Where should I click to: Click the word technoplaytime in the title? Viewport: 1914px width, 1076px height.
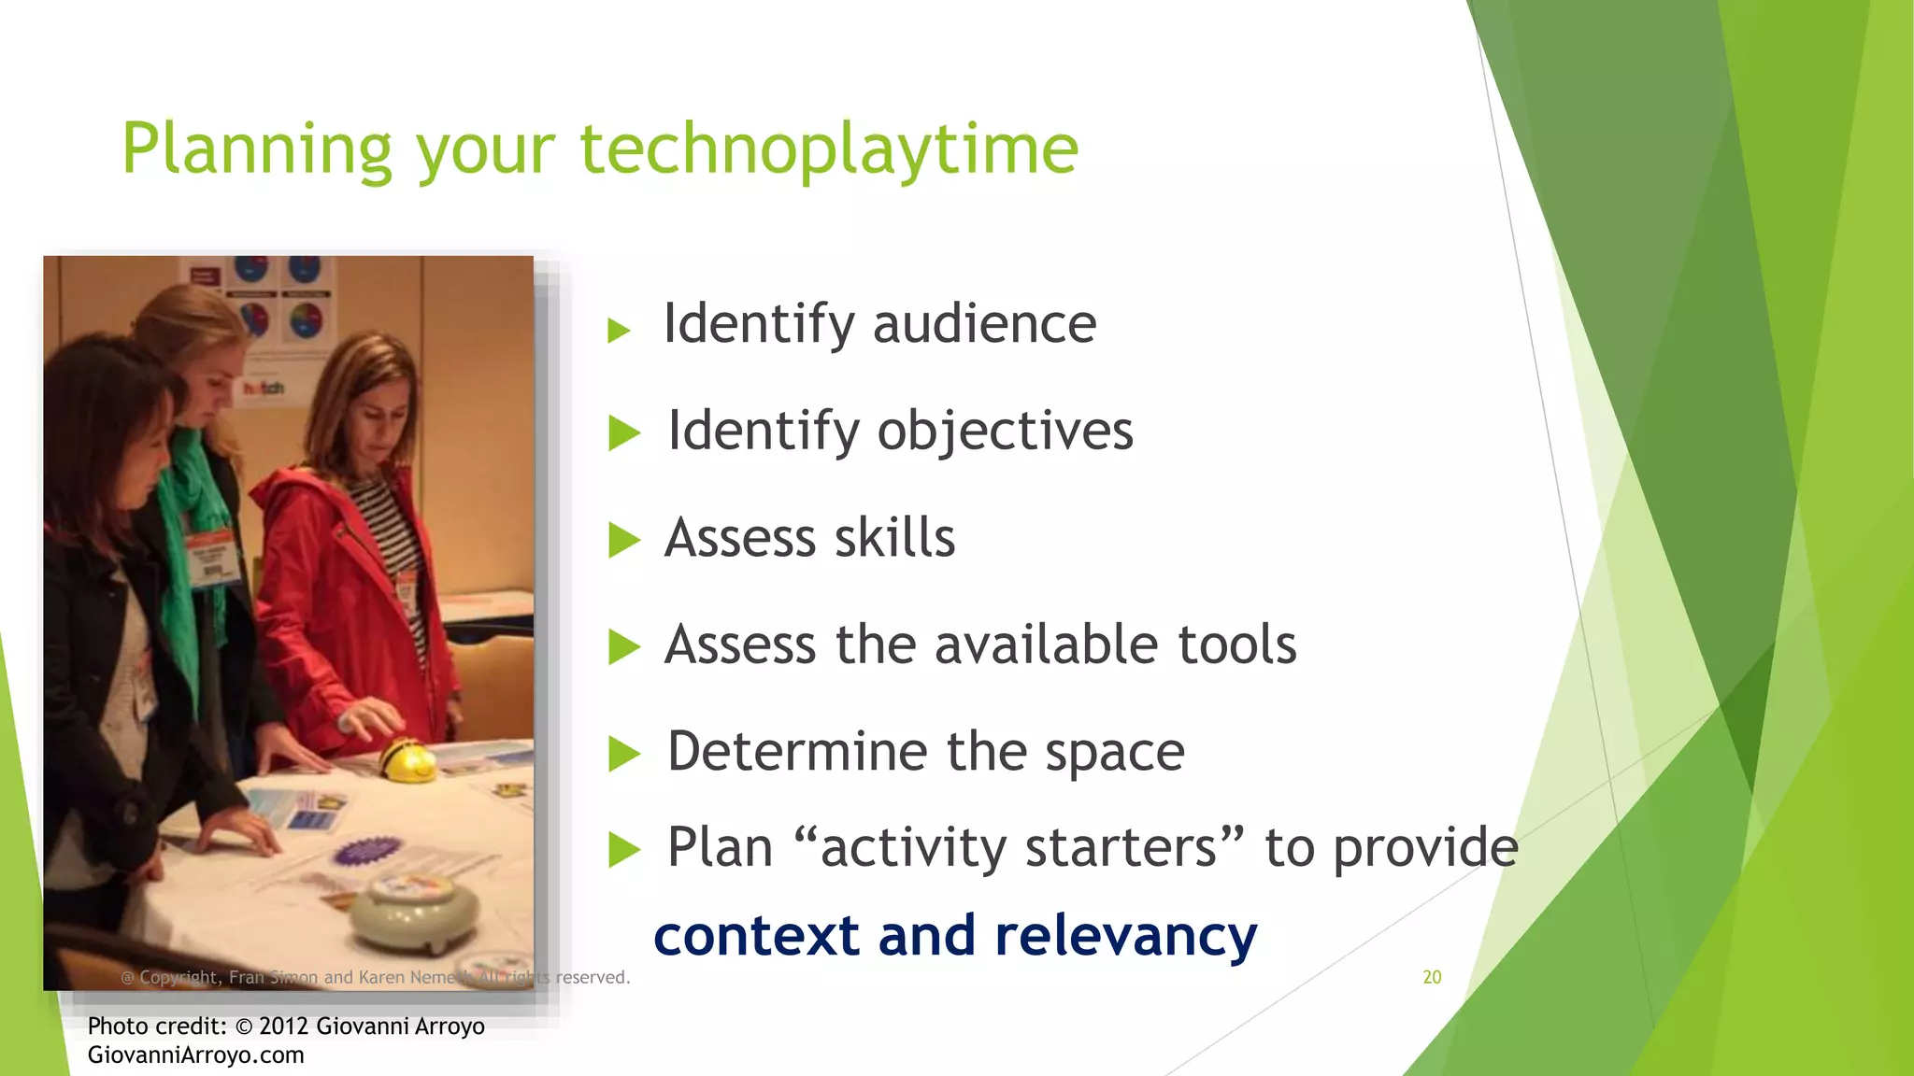click(x=829, y=149)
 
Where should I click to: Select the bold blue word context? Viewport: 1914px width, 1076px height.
click(x=756, y=936)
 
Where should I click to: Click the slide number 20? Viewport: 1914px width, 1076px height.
click(x=1432, y=977)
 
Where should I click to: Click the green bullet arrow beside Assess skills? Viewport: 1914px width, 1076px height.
click(x=623, y=540)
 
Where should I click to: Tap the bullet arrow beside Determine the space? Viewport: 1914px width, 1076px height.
click(x=623, y=754)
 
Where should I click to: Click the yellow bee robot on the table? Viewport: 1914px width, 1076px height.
click(x=407, y=758)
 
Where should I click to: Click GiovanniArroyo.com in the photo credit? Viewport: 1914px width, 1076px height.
click(x=195, y=1055)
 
